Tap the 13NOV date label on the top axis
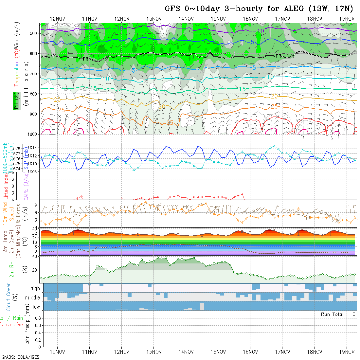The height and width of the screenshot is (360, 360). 154,19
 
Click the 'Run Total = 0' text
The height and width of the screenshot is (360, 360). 338,314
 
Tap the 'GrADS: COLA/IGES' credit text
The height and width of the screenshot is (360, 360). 20,357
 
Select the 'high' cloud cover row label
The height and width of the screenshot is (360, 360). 35,288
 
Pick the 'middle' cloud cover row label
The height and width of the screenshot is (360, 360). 33,298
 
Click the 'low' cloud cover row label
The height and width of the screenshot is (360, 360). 36,307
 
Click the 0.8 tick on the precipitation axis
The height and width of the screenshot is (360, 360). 37,318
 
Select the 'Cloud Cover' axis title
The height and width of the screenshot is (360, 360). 9,297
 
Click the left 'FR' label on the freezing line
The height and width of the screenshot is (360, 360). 85,59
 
